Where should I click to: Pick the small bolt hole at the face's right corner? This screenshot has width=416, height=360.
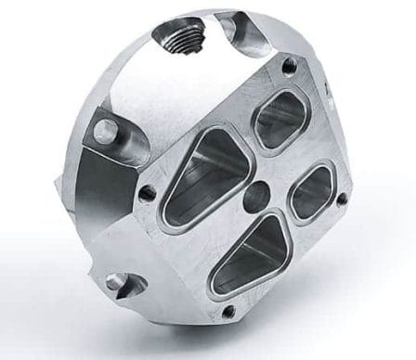pos(342,198)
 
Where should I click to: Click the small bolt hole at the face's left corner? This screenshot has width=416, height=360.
pos(146,192)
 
